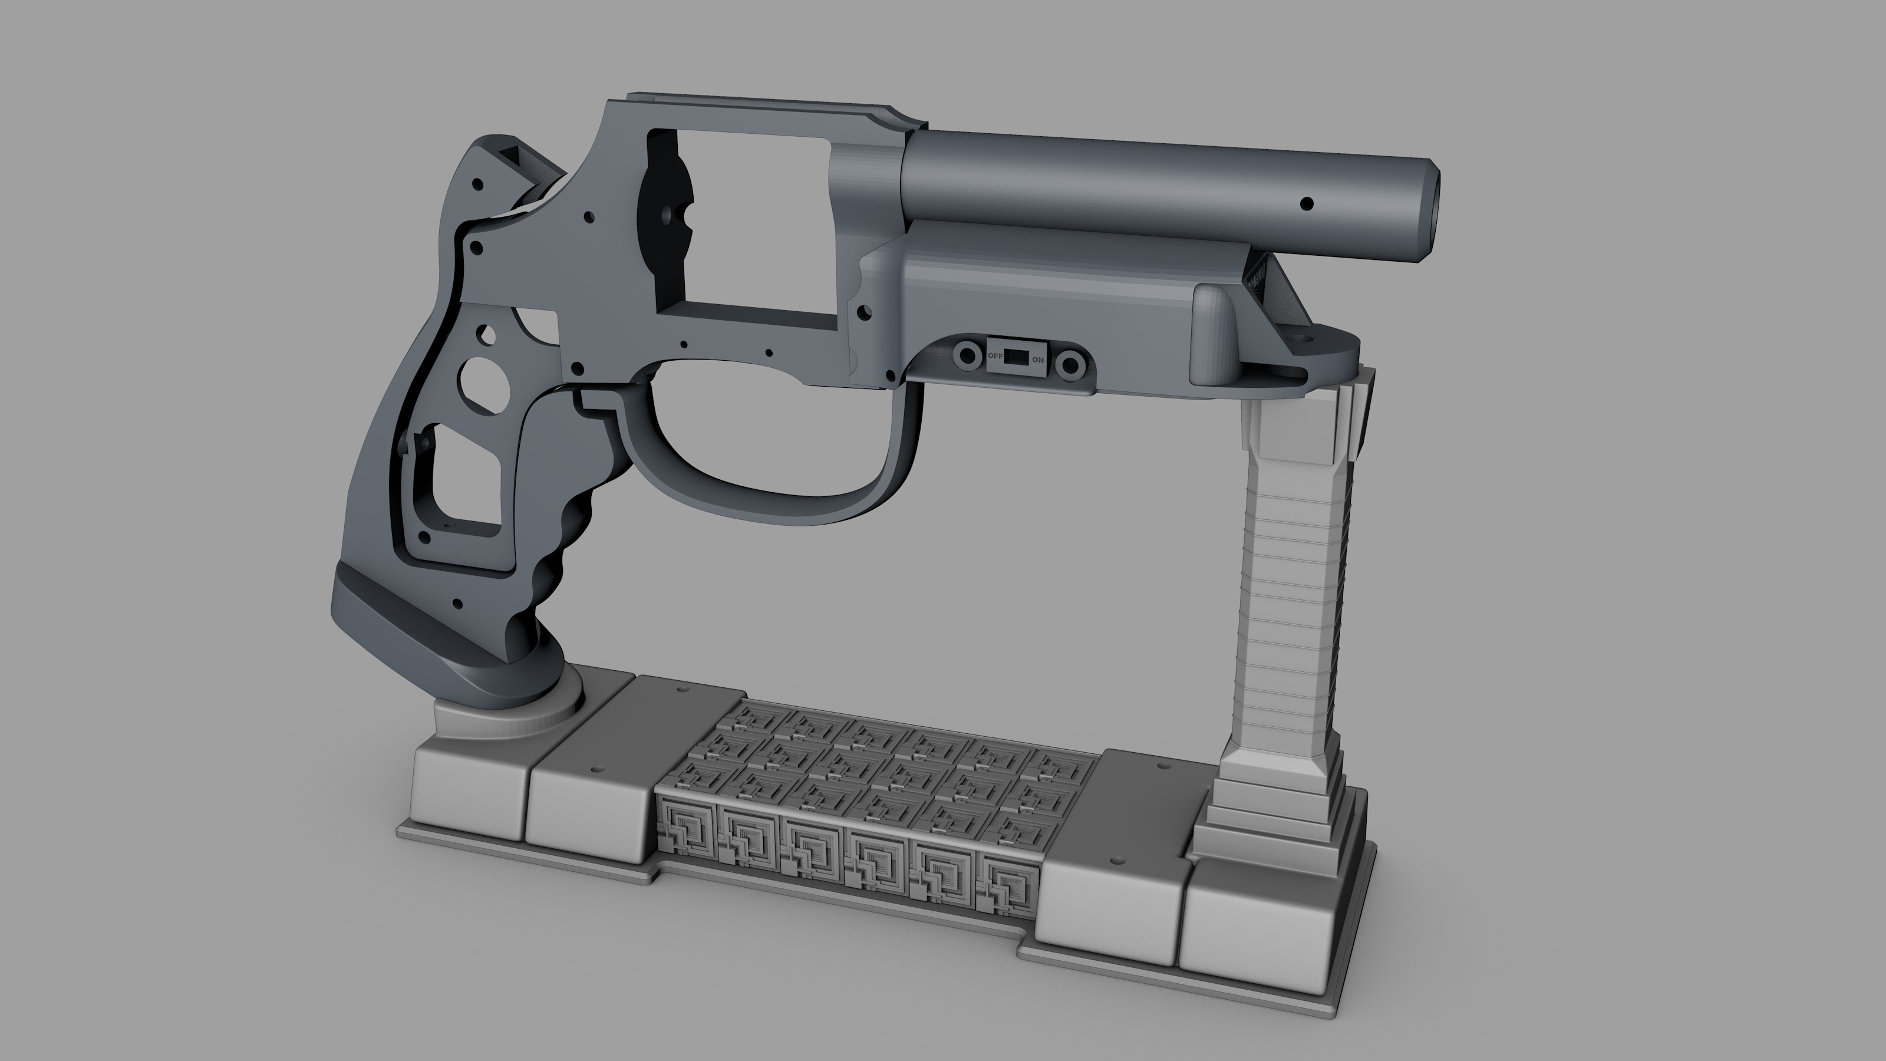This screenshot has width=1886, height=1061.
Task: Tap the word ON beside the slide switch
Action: tap(1037, 360)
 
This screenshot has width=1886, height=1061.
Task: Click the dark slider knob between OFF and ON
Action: tap(1015, 357)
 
